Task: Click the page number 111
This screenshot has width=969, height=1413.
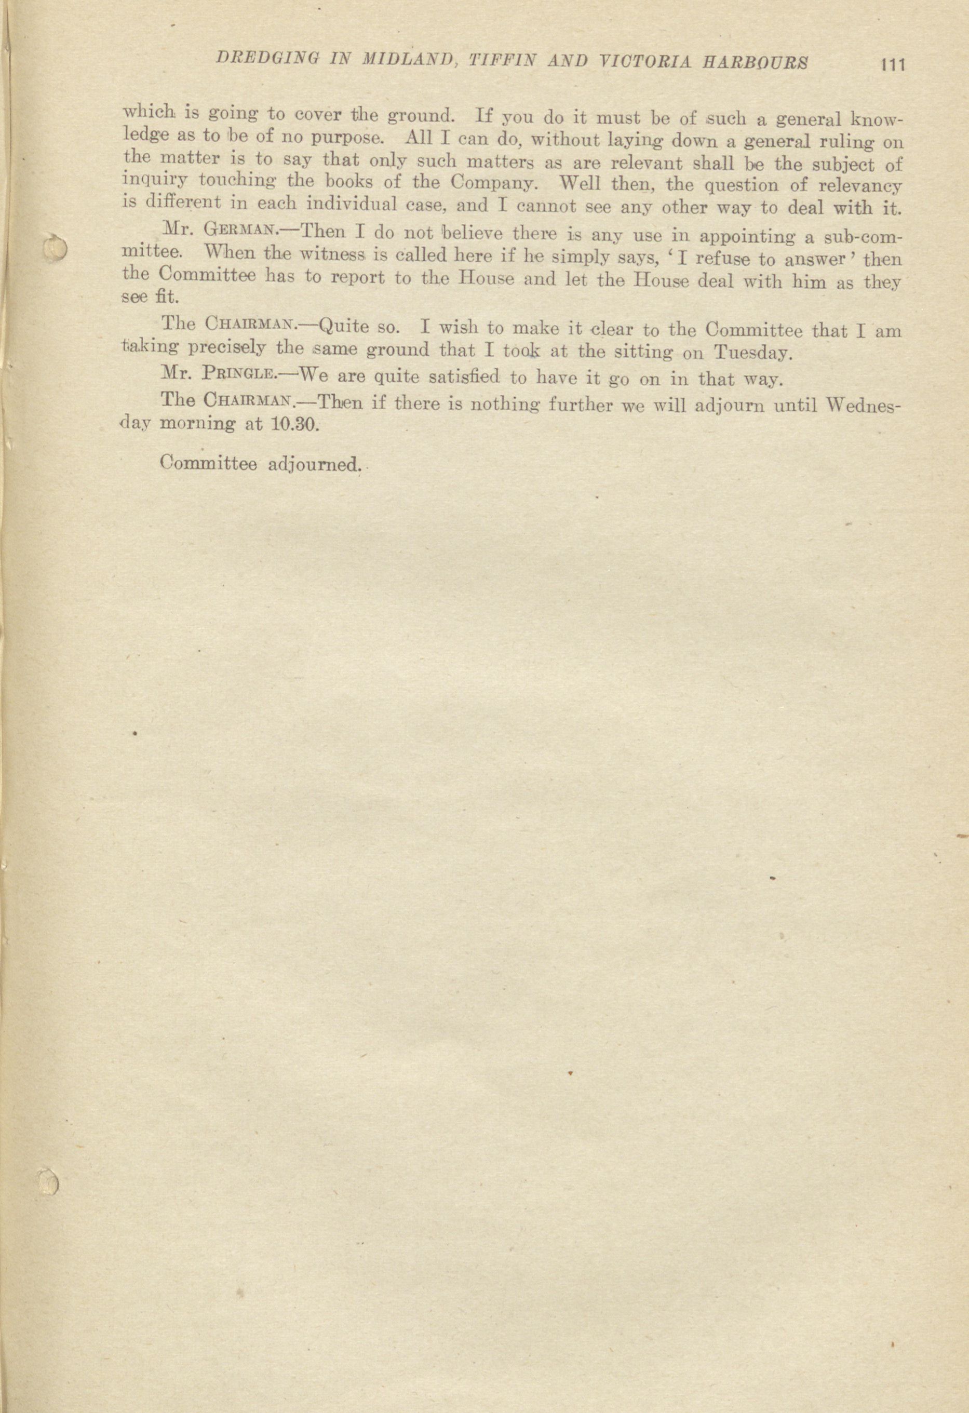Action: click(x=892, y=64)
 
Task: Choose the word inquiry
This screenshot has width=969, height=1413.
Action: click(x=156, y=181)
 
